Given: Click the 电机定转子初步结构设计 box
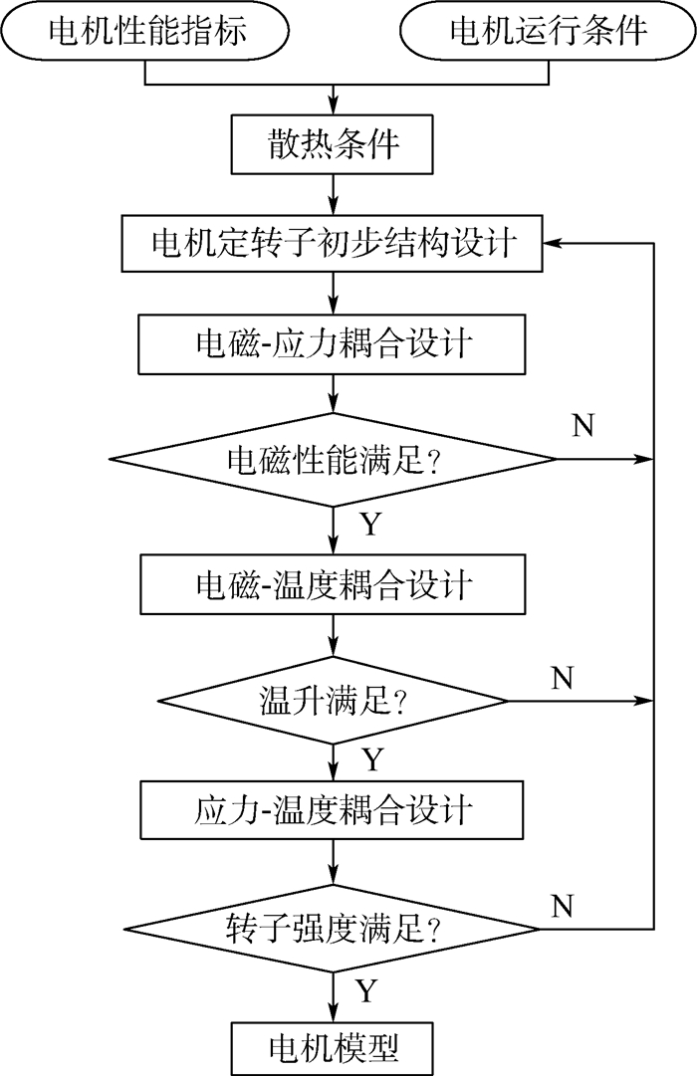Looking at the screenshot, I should (333, 243).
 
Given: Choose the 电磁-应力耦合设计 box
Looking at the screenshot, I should (333, 344).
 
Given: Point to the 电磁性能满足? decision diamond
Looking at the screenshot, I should (333, 459).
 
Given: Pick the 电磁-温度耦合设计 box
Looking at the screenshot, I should (333, 584).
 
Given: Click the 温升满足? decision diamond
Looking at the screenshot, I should (333, 701).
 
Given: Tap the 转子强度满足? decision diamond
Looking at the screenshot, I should (333, 930).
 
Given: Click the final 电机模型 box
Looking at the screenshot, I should (333, 1047).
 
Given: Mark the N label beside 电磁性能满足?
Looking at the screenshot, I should (584, 427).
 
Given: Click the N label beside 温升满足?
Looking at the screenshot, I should (564, 678).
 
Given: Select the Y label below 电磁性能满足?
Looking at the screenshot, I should (369, 525).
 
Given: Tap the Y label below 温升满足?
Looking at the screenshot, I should (371, 760).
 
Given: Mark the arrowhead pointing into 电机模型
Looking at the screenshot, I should (333, 1012).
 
